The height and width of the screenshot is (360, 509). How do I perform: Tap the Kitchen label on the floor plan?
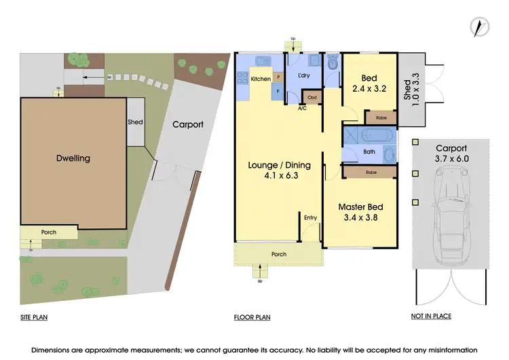261,79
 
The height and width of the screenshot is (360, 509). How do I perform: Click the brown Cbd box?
312,97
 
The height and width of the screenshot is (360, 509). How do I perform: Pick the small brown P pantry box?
278,77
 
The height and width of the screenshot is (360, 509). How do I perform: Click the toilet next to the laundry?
331,64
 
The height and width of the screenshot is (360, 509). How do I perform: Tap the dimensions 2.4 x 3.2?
369,89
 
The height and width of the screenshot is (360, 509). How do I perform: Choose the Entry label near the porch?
310,217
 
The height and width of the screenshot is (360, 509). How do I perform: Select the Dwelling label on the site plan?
73,158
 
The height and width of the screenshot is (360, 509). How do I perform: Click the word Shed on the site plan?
135,123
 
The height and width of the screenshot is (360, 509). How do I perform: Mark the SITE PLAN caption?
33,317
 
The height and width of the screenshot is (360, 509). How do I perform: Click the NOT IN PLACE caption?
431,317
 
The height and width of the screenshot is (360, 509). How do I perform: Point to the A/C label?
302,107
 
